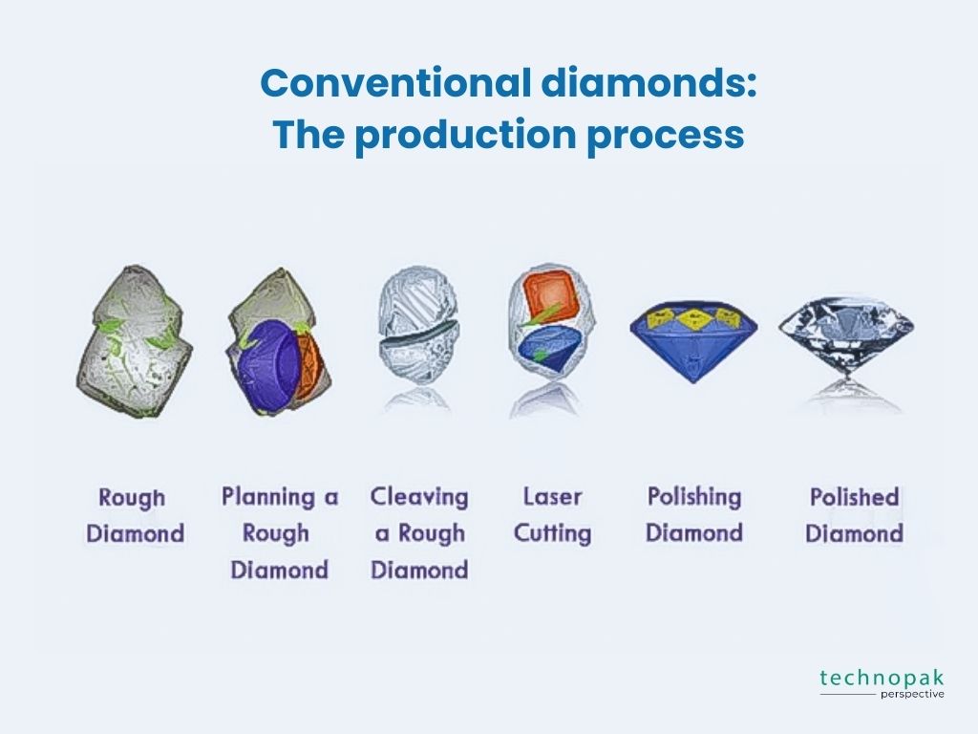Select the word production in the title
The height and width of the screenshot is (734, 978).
[465, 134]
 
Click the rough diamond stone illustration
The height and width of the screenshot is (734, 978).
[134, 341]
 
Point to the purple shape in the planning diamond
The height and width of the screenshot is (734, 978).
[267, 366]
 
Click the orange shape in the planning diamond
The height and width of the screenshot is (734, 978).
[310, 365]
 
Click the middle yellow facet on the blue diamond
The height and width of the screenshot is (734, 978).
[693, 319]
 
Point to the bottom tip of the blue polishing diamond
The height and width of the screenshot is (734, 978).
[693, 382]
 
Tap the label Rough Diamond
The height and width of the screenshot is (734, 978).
[135, 515]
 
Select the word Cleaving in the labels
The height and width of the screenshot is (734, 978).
[419, 497]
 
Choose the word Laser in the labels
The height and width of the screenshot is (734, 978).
[552, 497]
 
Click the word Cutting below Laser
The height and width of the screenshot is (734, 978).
[552, 533]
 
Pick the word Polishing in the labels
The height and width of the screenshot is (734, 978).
[694, 497]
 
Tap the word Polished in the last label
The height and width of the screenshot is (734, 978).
[854, 497]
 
